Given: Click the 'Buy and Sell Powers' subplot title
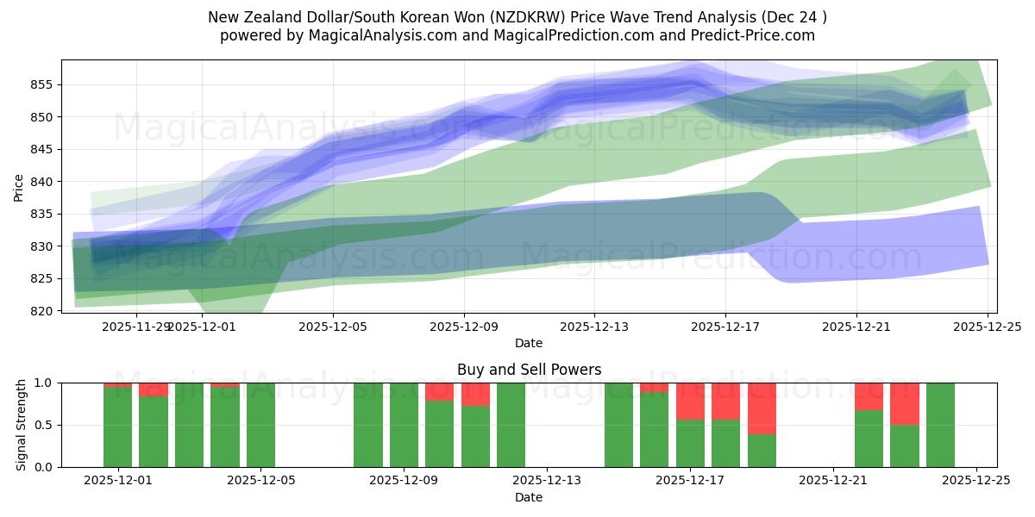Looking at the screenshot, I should coord(529,370).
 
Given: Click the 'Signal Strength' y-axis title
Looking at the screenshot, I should coord(22,425).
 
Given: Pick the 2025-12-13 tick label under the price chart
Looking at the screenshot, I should coord(593,327).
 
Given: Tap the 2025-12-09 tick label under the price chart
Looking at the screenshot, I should coord(464,327).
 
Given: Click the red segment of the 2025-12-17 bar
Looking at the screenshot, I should coord(690,401).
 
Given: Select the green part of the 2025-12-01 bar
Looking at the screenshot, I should coord(117,427).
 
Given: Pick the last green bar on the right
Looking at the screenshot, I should coord(940,425).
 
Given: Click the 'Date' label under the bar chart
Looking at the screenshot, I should coord(529,497).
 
